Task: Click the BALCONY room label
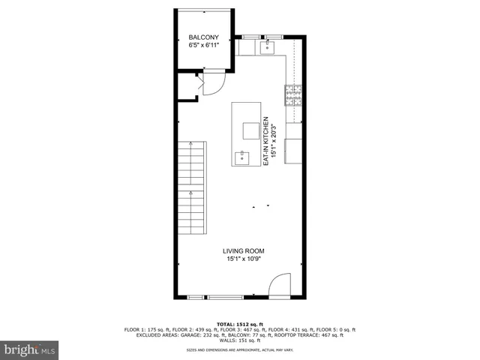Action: pyautogui.click(x=204, y=37)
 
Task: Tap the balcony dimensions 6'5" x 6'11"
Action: pyautogui.click(x=204, y=46)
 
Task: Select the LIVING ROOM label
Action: pyautogui.click(x=243, y=251)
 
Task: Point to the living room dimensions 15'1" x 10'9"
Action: pyautogui.click(x=243, y=259)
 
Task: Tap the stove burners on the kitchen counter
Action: pyautogui.click(x=293, y=94)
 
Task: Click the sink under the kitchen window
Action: pyautogui.click(x=268, y=48)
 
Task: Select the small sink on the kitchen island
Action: pyautogui.click(x=242, y=157)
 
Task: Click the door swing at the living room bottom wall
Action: pyautogui.click(x=278, y=286)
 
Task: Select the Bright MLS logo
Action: pyautogui.click(x=30, y=349)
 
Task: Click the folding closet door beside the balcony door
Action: pyautogui.click(x=199, y=83)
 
